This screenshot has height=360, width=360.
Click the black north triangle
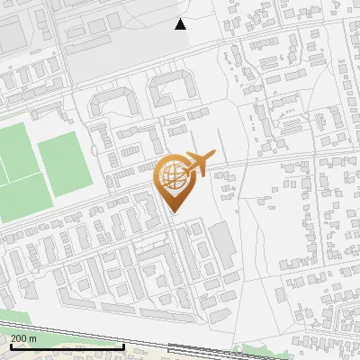[x=181, y=24]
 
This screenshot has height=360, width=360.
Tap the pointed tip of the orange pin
[x=173, y=211]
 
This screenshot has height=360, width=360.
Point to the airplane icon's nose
[x=212, y=155]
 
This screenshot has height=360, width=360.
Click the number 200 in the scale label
[x=19, y=338]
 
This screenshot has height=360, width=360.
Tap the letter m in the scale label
[x=32, y=338]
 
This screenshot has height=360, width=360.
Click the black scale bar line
[x=63, y=346]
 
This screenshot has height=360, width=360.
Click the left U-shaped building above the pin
[x=112, y=101]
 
